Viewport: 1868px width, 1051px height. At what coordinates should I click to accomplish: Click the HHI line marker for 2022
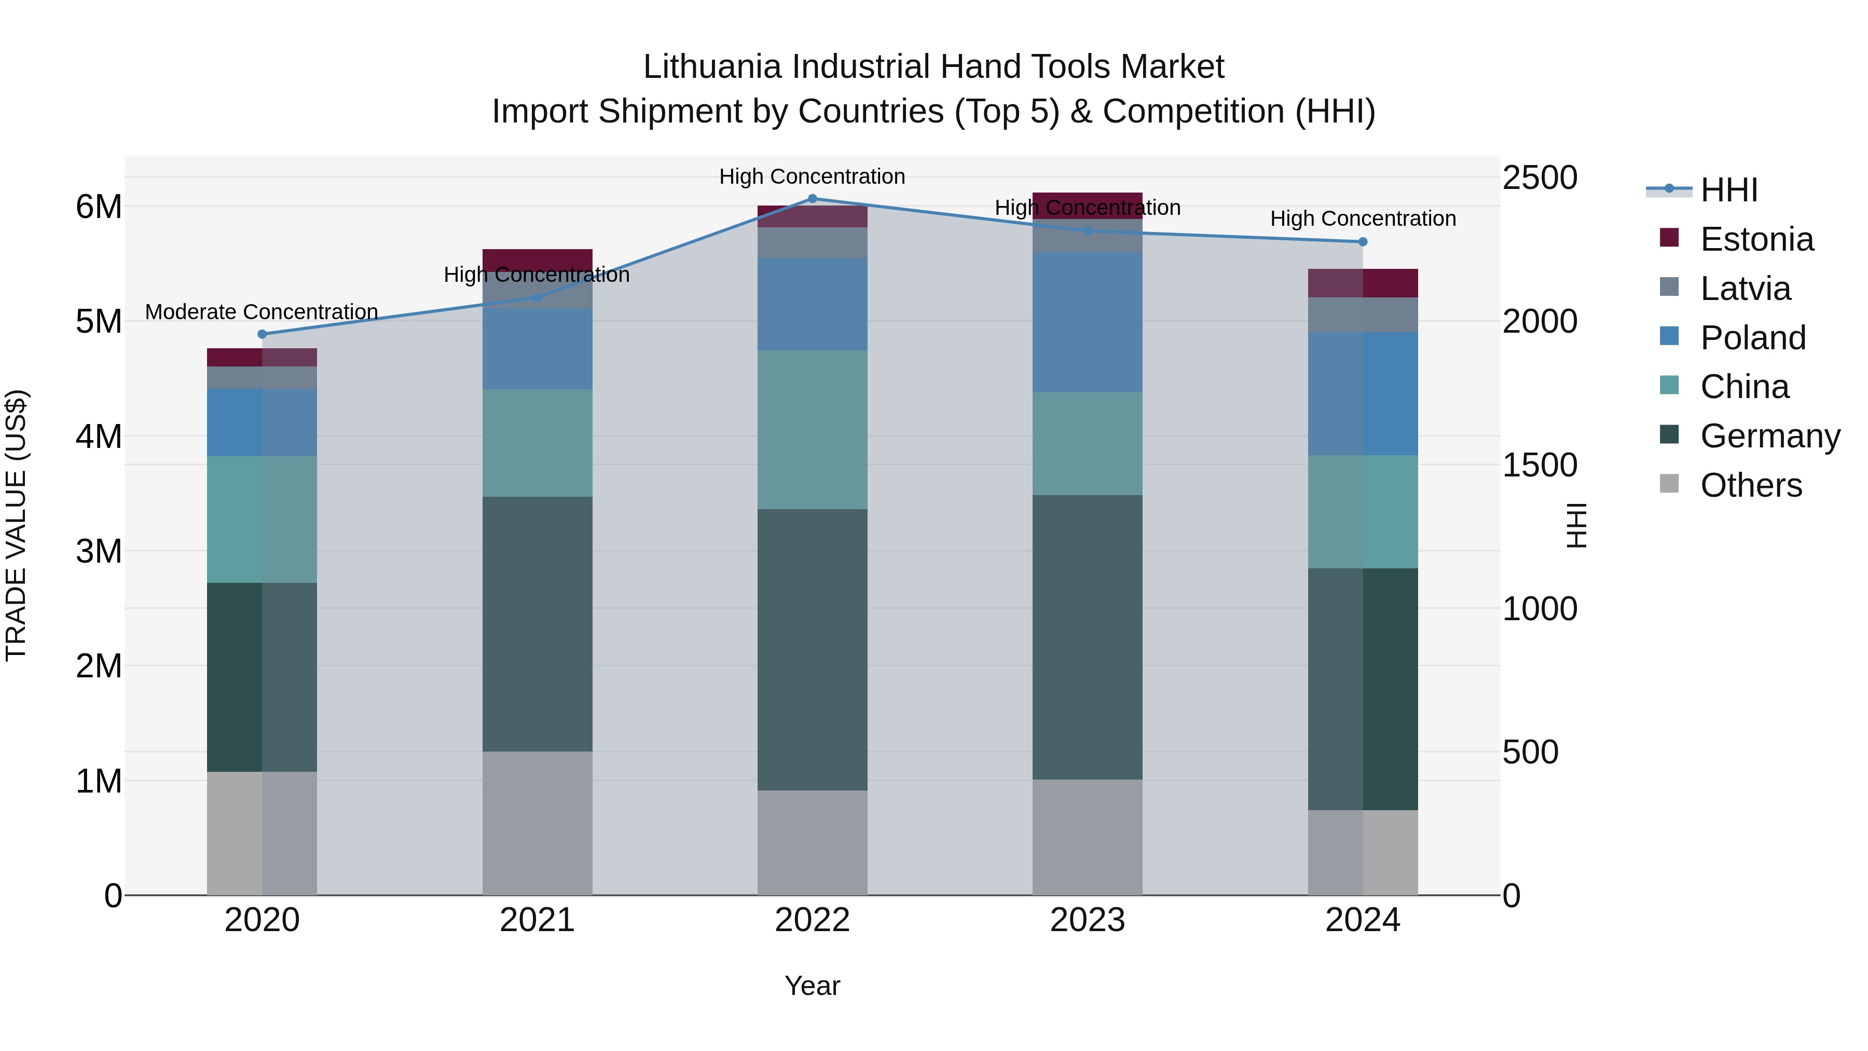coord(812,199)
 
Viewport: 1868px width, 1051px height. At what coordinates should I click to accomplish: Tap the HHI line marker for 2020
coord(263,334)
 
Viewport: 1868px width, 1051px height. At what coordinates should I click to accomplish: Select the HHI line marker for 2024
coord(1363,241)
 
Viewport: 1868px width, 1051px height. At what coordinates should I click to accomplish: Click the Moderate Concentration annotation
coord(262,312)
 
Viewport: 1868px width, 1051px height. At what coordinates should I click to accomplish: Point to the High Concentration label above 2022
coord(812,176)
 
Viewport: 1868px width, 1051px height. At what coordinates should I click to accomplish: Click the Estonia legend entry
coord(1756,239)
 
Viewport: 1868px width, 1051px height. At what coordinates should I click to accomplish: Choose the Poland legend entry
coord(1753,338)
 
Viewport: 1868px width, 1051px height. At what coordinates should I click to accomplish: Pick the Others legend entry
coord(1751,485)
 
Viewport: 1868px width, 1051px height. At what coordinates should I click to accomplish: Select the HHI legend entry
coord(1729,190)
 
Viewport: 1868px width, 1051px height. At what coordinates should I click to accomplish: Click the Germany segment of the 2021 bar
coord(538,624)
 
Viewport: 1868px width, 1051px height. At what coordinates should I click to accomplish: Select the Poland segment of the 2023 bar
coord(1087,323)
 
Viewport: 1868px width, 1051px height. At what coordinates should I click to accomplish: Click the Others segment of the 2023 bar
coord(1087,837)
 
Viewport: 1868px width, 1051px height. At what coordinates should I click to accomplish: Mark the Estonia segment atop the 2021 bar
coord(538,258)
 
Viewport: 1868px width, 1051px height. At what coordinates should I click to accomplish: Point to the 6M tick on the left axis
coord(99,207)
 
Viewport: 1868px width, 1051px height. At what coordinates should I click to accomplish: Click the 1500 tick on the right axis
coord(1540,465)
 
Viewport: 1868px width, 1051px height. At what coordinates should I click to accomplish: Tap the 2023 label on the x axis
coord(1087,920)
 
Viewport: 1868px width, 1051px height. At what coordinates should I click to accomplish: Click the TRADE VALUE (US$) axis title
coord(16,525)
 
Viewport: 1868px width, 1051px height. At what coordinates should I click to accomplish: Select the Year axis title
coord(812,986)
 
